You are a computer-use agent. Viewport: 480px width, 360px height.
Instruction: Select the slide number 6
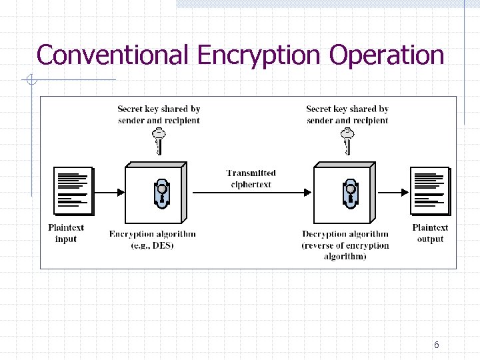pyautogui.click(x=436, y=345)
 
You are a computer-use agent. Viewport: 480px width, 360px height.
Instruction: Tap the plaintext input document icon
pyautogui.click(x=73, y=191)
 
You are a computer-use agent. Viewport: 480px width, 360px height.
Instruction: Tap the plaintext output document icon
pyautogui.click(x=431, y=191)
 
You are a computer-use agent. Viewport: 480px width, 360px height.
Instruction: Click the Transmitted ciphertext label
pyautogui.click(x=251, y=179)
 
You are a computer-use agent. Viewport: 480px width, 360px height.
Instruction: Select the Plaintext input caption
pyautogui.click(x=66, y=233)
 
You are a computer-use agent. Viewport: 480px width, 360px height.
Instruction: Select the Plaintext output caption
pyautogui.click(x=430, y=233)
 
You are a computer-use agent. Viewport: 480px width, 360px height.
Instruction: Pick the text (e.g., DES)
pyautogui.click(x=153, y=245)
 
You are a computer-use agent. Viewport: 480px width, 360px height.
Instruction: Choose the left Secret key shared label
pyautogui.click(x=159, y=115)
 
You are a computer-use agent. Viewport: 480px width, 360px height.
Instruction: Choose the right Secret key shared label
pyautogui.click(x=347, y=115)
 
